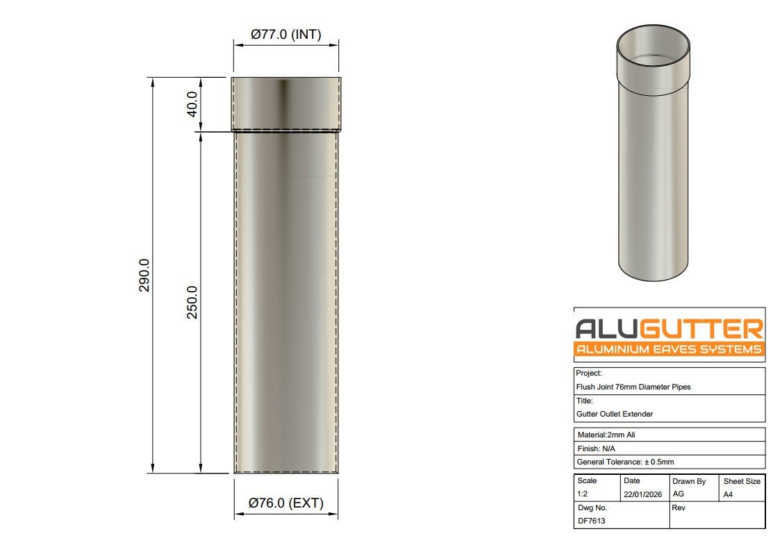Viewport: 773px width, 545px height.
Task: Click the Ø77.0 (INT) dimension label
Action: [x=285, y=35]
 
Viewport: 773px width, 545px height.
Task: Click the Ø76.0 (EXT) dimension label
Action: [x=286, y=503]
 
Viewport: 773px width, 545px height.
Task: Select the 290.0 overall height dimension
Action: [x=145, y=275]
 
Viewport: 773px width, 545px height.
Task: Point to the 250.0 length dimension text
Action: [x=192, y=302]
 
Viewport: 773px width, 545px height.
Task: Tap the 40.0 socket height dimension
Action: [x=192, y=104]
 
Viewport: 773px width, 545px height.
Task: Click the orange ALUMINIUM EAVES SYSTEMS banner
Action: [x=669, y=349]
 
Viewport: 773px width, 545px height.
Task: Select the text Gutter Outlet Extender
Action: [x=614, y=414]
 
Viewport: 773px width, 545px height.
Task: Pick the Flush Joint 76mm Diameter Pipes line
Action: [x=633, y=387]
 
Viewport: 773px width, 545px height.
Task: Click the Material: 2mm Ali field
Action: [x=606, y=435]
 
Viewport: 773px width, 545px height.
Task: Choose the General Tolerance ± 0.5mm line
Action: [x=625, y=462]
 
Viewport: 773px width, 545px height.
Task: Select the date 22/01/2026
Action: [x=642, y=494]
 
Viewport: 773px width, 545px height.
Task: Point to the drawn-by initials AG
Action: [x=679, y=494]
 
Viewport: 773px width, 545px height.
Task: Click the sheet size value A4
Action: [x=728, y=494]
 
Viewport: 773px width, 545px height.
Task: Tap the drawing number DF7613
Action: [x=591, y=521]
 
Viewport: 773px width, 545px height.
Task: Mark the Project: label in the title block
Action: [x=589, y=374]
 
